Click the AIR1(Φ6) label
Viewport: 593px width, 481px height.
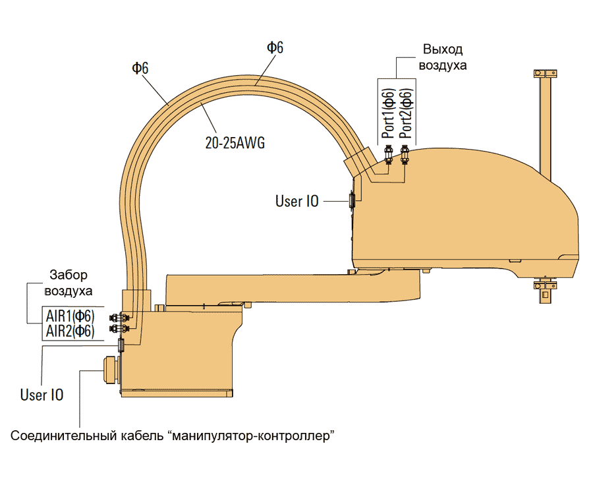coord(70,315)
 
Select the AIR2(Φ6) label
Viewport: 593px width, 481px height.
coord(70,331)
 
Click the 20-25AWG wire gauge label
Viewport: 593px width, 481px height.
coord(235,142)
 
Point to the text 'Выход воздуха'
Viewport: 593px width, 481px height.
coord(443,58)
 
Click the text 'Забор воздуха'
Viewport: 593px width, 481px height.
coord(69,283)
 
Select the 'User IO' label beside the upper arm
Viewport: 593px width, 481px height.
coord(296,201)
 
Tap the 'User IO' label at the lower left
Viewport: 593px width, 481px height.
coord(42,395)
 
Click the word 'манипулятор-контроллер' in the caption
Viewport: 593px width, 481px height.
coord(250,436)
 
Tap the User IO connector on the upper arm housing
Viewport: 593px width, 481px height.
coord(352,199)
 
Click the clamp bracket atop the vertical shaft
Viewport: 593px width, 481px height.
coord(544,73)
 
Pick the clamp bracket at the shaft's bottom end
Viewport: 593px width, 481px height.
coord(544,287)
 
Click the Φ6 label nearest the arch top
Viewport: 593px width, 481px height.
coord(275,47)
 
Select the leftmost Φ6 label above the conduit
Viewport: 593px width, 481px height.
coord(140,67)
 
